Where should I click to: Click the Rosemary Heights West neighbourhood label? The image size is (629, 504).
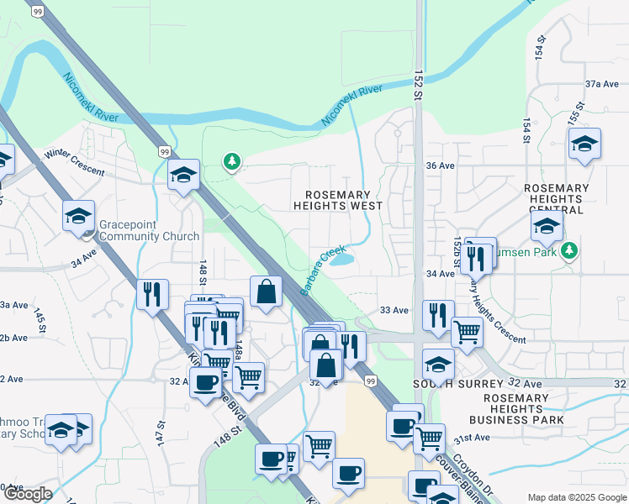tap(338, 200)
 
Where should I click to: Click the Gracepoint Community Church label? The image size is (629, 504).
tap(149, 231)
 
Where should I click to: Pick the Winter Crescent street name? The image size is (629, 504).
tap(75, 162)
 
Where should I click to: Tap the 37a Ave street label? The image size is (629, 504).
tap(602, 84)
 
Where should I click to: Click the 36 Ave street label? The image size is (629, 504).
tap(440, 165)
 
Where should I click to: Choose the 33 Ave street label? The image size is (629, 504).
tap(394, 311)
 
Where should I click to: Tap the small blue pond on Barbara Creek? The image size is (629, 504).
tap(341, 260)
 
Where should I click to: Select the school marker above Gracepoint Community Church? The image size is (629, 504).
tap(79, 216)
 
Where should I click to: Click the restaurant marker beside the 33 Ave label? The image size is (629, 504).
tap(437, 316)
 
